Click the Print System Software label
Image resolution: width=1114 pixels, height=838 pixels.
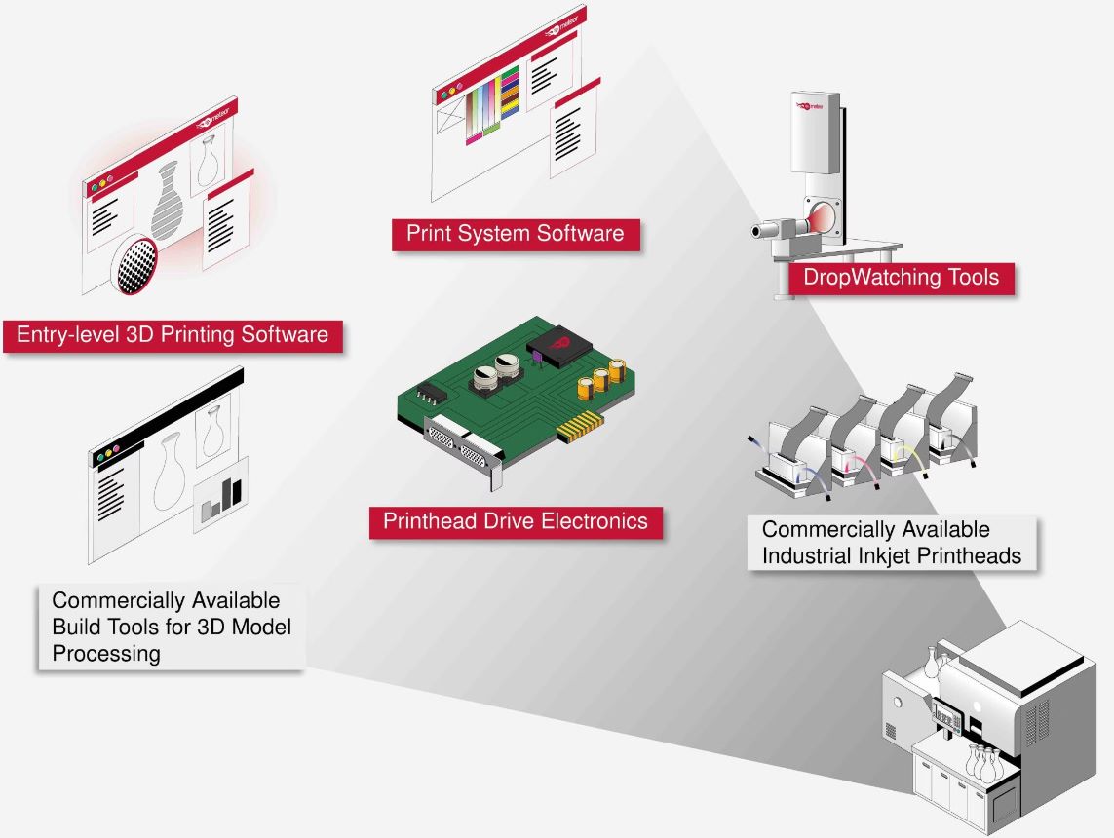[516, 234]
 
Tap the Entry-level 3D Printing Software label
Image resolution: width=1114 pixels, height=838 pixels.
[173, 335]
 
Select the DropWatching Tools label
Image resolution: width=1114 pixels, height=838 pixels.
[901, 277]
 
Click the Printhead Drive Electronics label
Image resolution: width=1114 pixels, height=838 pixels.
[515, 520]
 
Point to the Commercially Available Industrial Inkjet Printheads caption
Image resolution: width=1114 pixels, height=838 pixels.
[891, 543]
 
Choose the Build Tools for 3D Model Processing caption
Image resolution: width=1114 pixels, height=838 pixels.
[172, 627]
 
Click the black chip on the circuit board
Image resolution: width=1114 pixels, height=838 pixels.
[558, 350]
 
